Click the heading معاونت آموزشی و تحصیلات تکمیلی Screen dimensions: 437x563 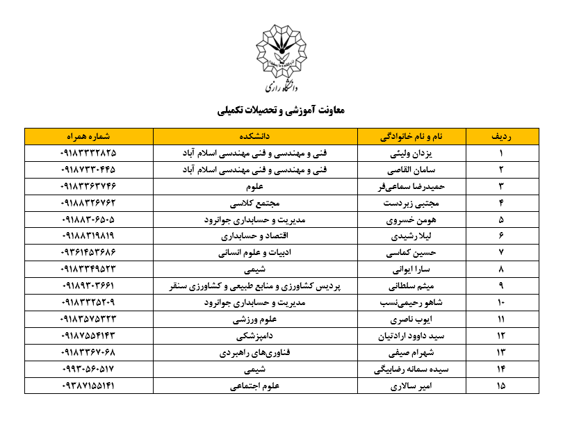[281, 110]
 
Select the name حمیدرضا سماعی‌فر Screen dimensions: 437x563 [411, 186]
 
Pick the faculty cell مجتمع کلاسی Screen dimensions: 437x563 [255, 203]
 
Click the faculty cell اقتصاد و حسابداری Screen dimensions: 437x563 [255, 236]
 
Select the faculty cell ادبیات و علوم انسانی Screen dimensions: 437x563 [255, 253]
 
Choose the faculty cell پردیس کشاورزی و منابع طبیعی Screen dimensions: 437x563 [255, 286]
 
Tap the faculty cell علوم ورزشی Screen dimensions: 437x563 [255, 320]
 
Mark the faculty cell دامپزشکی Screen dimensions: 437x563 [255, 336]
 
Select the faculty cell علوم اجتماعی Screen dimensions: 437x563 [255, 386]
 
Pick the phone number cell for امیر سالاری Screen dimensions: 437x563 [88, 386]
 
